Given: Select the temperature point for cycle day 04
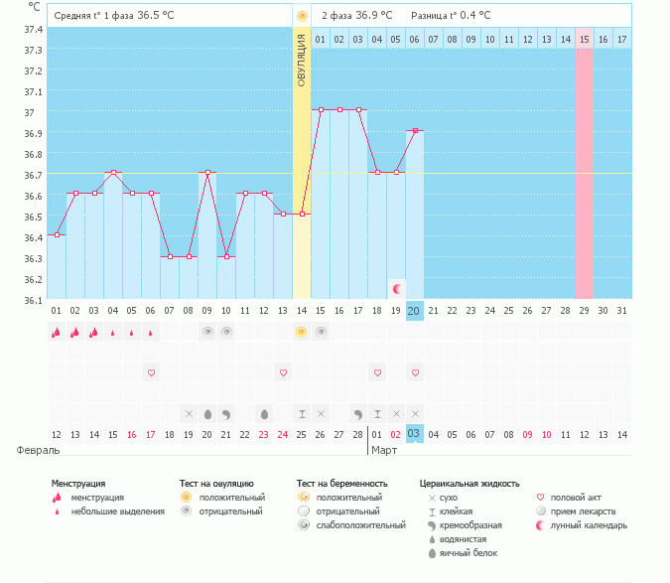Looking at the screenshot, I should [113, 173].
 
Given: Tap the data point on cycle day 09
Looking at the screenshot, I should [207, 173].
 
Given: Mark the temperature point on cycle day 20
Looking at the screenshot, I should [415, 131].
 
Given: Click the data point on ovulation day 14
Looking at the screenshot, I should [302, 214].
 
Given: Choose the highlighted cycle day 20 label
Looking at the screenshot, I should [415, 311].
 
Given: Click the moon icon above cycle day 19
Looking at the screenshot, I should [397, 288].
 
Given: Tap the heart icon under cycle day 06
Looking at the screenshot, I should [151, 372].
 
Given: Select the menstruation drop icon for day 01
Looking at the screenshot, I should [57, 333].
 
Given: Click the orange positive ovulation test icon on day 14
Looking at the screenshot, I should [302, 333].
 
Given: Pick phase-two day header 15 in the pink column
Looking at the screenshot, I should [585, 39].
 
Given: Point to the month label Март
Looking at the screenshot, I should [384, 450].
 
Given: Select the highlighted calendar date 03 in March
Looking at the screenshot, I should [415, 433].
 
